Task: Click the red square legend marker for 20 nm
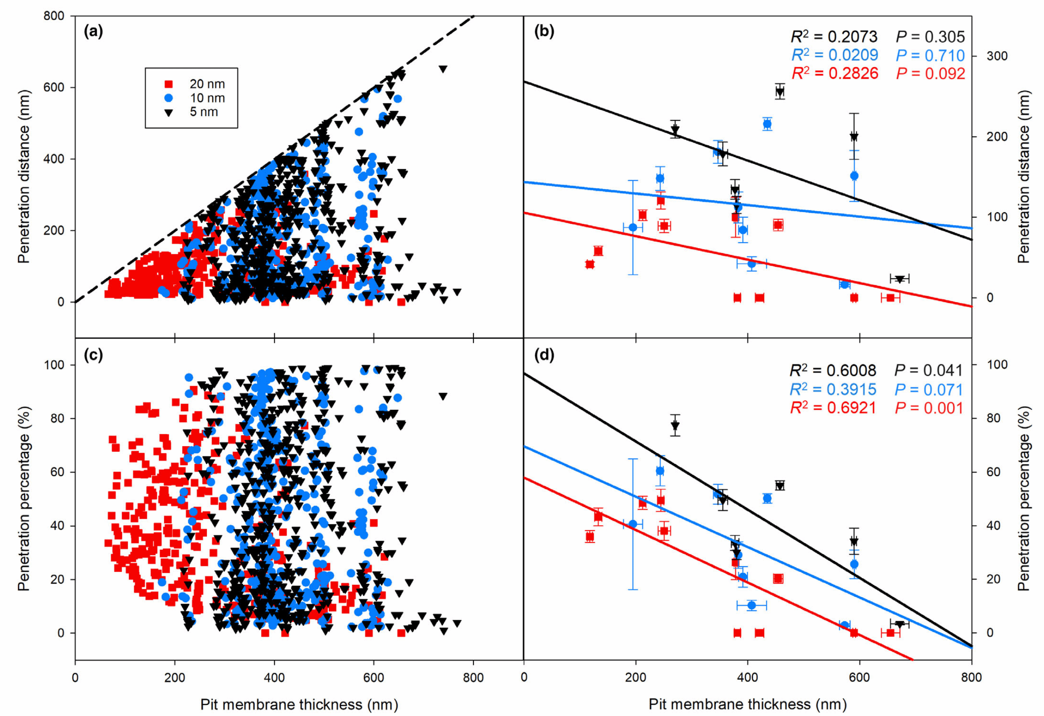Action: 169,83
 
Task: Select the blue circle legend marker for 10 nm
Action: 169,98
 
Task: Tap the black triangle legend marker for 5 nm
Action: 169,113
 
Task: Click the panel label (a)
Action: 94,31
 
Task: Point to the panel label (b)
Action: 544,31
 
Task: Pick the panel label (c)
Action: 94,355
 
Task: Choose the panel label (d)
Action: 544,355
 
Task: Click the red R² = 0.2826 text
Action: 834,74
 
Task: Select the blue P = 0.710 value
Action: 930,55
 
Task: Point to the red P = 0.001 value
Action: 929,408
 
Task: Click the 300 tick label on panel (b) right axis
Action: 997,56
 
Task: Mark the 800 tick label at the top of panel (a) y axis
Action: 54,16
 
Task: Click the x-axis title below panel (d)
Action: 747,704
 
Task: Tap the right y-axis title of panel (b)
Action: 1024,176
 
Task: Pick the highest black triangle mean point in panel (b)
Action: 780,92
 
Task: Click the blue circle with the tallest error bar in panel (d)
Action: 633,524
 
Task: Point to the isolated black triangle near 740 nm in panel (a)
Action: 443,69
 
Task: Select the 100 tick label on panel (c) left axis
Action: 54,364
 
